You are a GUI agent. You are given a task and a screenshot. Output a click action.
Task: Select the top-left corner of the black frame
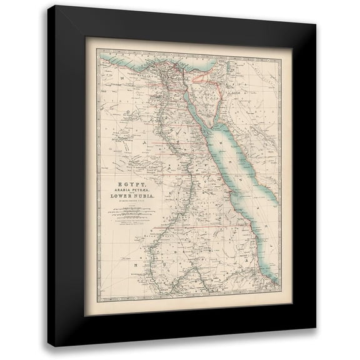click(x=47, y=4)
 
